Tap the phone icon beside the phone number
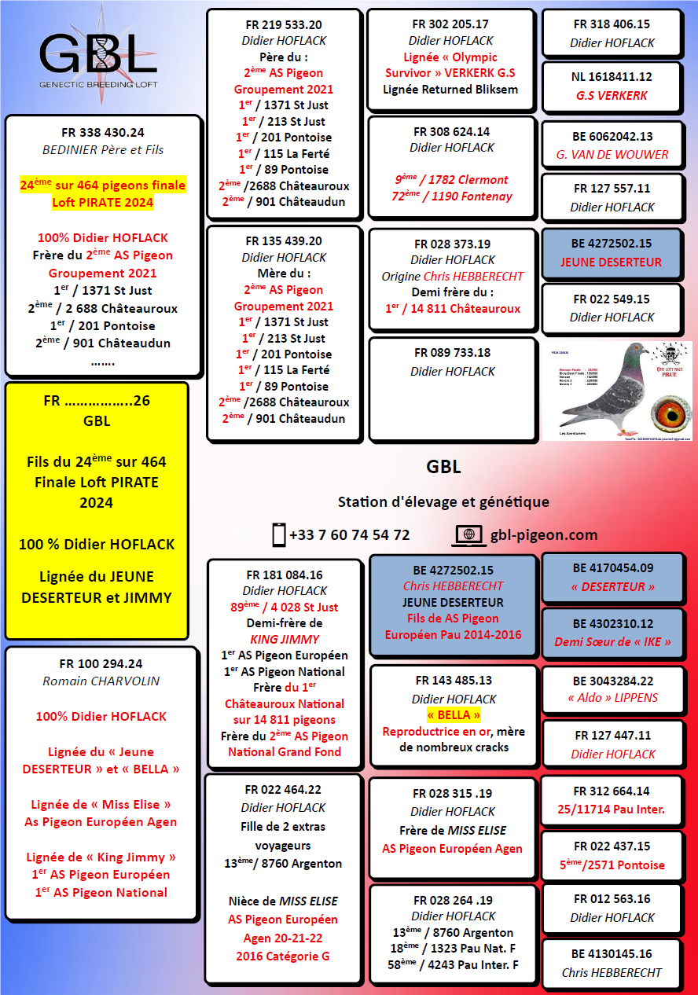pos(278,534)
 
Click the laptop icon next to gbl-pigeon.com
pos(469,534)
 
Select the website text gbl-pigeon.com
pos(543,534)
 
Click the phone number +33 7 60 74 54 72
pos(349,534)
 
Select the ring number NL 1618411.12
pos(612,77)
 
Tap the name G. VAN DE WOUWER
pos(612,155)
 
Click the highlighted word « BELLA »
pos(454,715)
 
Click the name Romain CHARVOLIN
pos(101,681)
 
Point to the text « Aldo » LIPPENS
pos(612,698)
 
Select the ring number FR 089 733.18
pos(452,353)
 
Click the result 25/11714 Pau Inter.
pos(612,810)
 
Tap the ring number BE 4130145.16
pos(612,954)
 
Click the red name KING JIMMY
pos(284,639)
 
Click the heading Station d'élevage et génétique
pos(443,501)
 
